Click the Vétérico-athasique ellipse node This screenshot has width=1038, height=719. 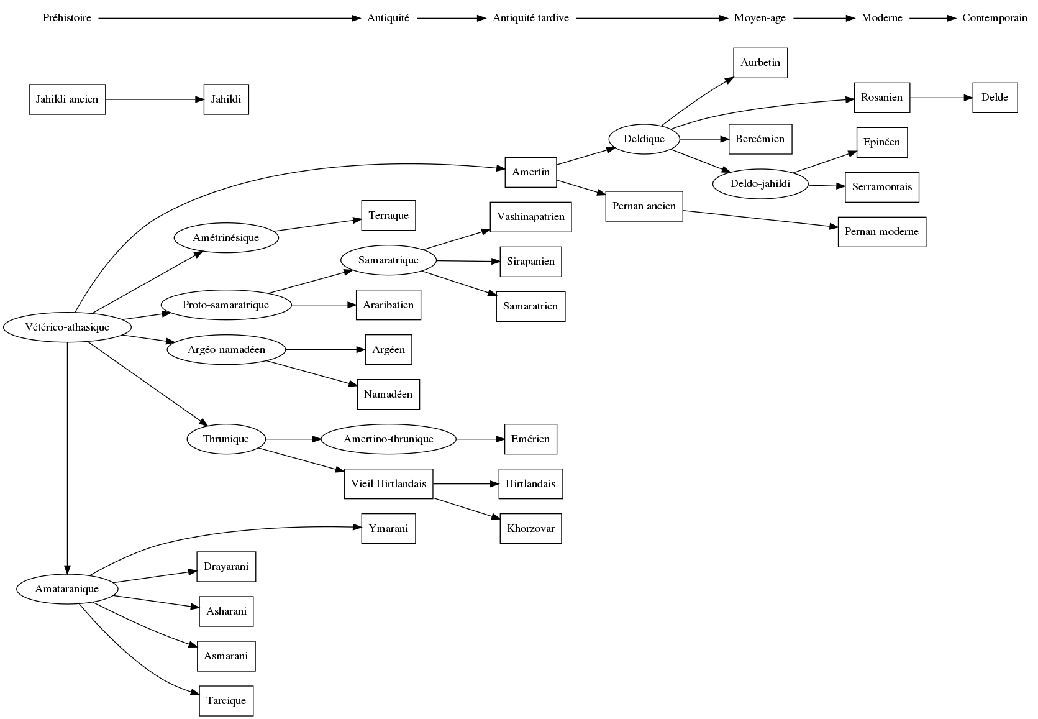[x=67, y=327]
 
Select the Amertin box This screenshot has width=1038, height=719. [x=530, y=172]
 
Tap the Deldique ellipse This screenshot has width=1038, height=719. [x=644, y=139]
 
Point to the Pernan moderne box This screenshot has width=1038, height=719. [x=881, y=232]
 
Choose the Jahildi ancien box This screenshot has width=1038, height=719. [x=67, y=99]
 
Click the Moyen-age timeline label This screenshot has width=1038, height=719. [x=760, y=18]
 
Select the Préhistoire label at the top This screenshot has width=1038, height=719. [x=67, y=18]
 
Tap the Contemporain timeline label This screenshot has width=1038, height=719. [x=995, y=18]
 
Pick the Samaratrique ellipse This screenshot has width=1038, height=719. [x=388, y=260]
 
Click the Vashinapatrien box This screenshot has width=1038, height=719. [x=530, y=217]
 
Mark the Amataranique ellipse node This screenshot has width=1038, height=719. [x=67, y=589]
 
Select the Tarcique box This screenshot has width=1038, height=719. [x=226, y=701]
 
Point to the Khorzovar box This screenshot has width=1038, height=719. [x=530, y=529]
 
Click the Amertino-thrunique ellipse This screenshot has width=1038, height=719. [x=388, y=439]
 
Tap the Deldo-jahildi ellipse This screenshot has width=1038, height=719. [x=760, y=184]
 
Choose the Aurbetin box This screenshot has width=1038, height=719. [x=760, y=63]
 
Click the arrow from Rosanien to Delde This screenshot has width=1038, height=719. [x=941, y=98]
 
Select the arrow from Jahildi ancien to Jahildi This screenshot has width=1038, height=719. [x=155, y=99]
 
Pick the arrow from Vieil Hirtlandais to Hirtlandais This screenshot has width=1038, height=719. [x=466, y=484]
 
